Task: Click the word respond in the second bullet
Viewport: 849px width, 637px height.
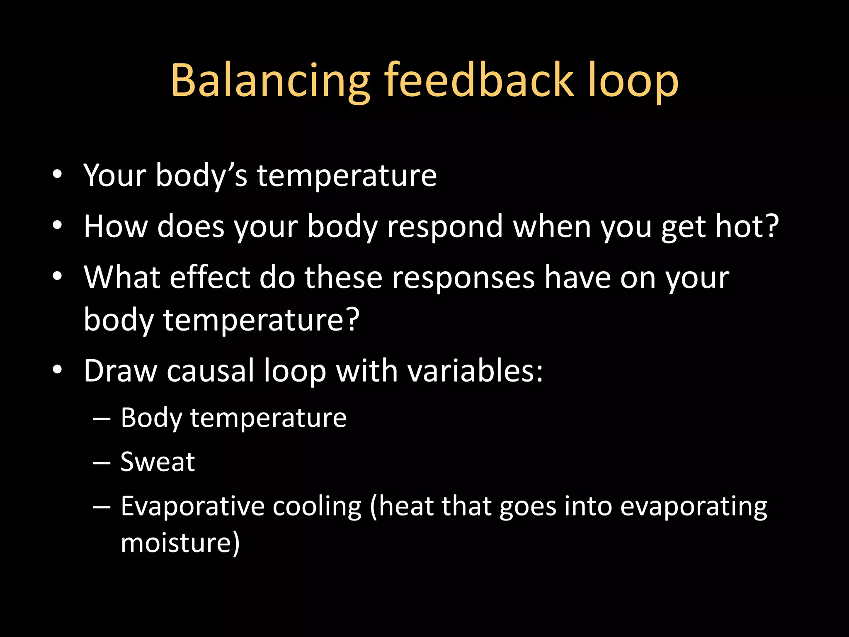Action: point(445,227)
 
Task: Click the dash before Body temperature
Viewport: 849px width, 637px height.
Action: point(102,419)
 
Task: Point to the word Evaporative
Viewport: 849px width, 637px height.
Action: point(192,506)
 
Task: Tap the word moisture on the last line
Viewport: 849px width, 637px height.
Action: point(177,543)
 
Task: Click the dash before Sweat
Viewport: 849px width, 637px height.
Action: point(102,463)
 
